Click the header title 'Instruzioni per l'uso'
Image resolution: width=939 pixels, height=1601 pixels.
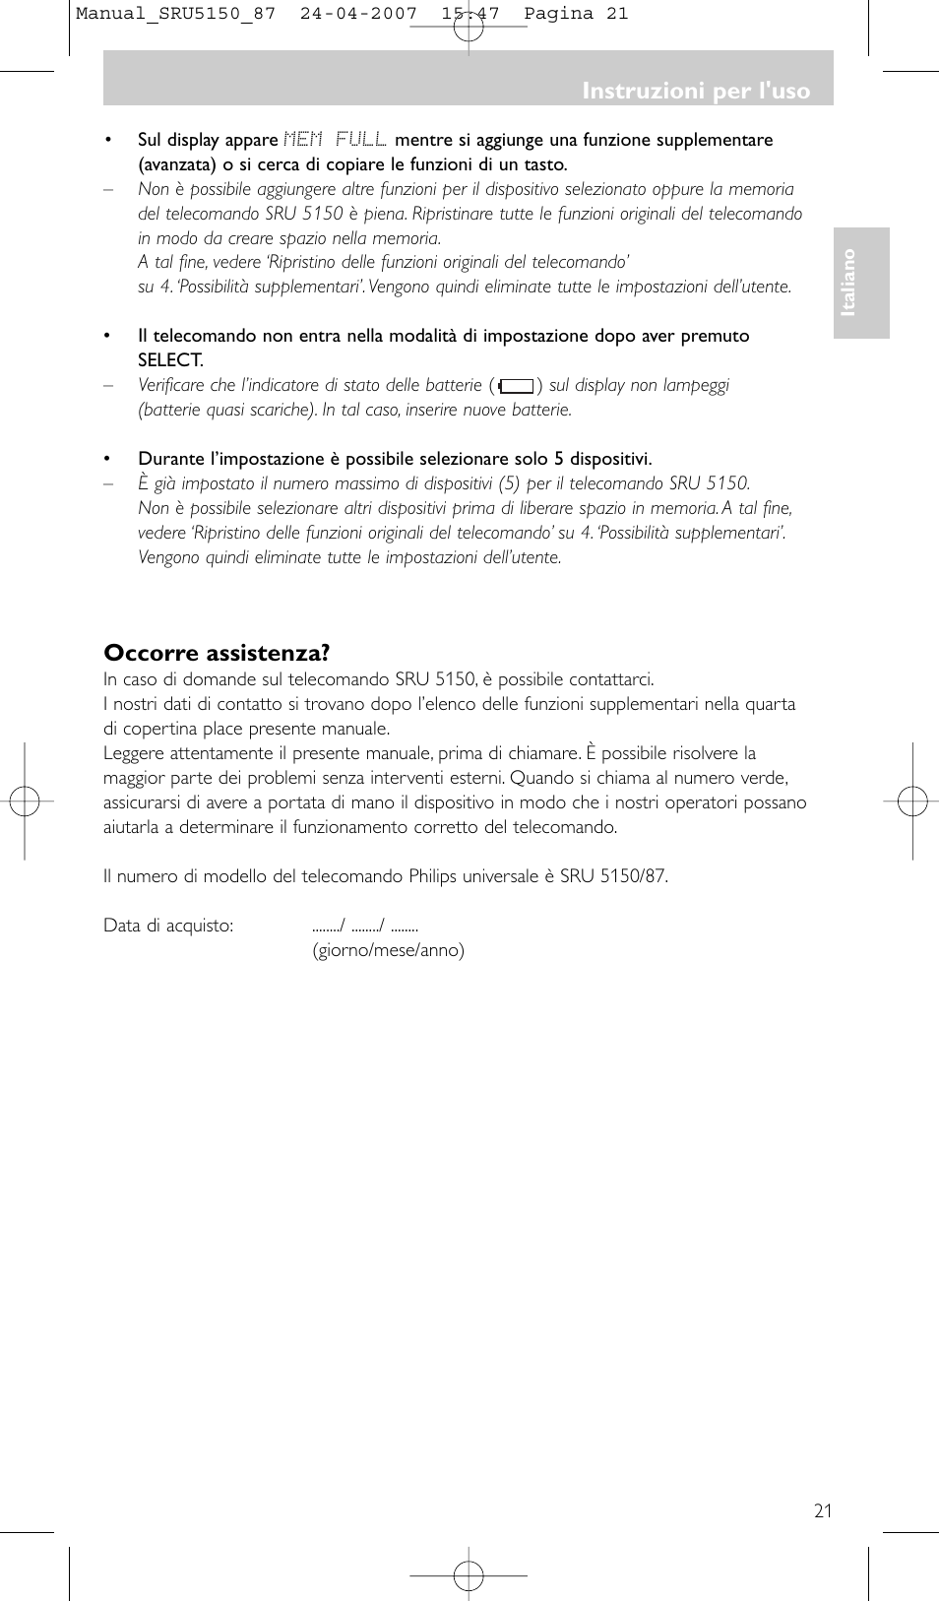point(695,91)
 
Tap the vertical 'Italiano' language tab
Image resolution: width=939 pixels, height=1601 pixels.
point(848,283)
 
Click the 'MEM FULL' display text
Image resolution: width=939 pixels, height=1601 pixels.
point(335,140)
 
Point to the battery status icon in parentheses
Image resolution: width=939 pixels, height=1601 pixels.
point(516,386)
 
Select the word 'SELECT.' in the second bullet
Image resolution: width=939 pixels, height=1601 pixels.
point(170,360)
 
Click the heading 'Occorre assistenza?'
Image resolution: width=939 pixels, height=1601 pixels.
point(217,653)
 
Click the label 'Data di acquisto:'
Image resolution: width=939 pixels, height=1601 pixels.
point(168,926)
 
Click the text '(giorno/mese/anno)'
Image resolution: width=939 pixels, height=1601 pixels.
point(388,950)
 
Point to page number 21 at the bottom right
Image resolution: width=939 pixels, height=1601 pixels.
point(823,1510)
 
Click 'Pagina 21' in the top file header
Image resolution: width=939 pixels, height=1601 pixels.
point(576,14)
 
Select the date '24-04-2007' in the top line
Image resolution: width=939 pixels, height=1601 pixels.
point(358,14)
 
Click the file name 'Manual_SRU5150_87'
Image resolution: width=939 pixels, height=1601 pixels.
point(175,14)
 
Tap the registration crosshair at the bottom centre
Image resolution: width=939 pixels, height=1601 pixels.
point(469,1575)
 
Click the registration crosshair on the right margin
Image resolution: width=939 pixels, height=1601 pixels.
point(912,801)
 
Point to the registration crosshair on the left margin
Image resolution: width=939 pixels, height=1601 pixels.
point(25,801)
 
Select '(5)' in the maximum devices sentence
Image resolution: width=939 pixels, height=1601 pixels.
point(508,483)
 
